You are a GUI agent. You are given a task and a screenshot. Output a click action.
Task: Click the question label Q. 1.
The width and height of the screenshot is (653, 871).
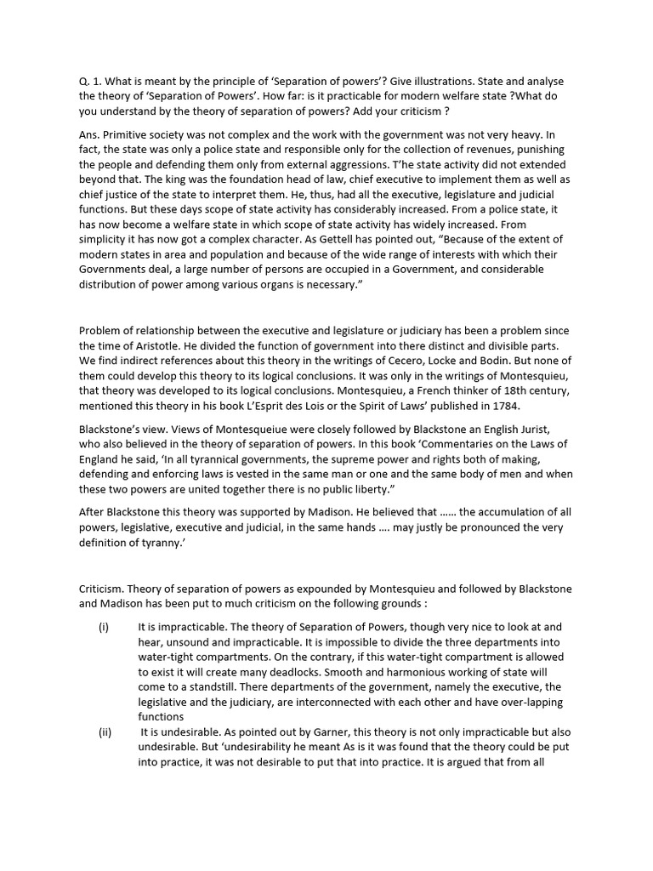89,81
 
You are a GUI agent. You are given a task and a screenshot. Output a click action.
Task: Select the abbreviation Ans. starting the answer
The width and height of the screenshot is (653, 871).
92,134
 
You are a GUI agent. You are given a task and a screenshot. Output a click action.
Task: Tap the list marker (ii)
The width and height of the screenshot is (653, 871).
105,732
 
